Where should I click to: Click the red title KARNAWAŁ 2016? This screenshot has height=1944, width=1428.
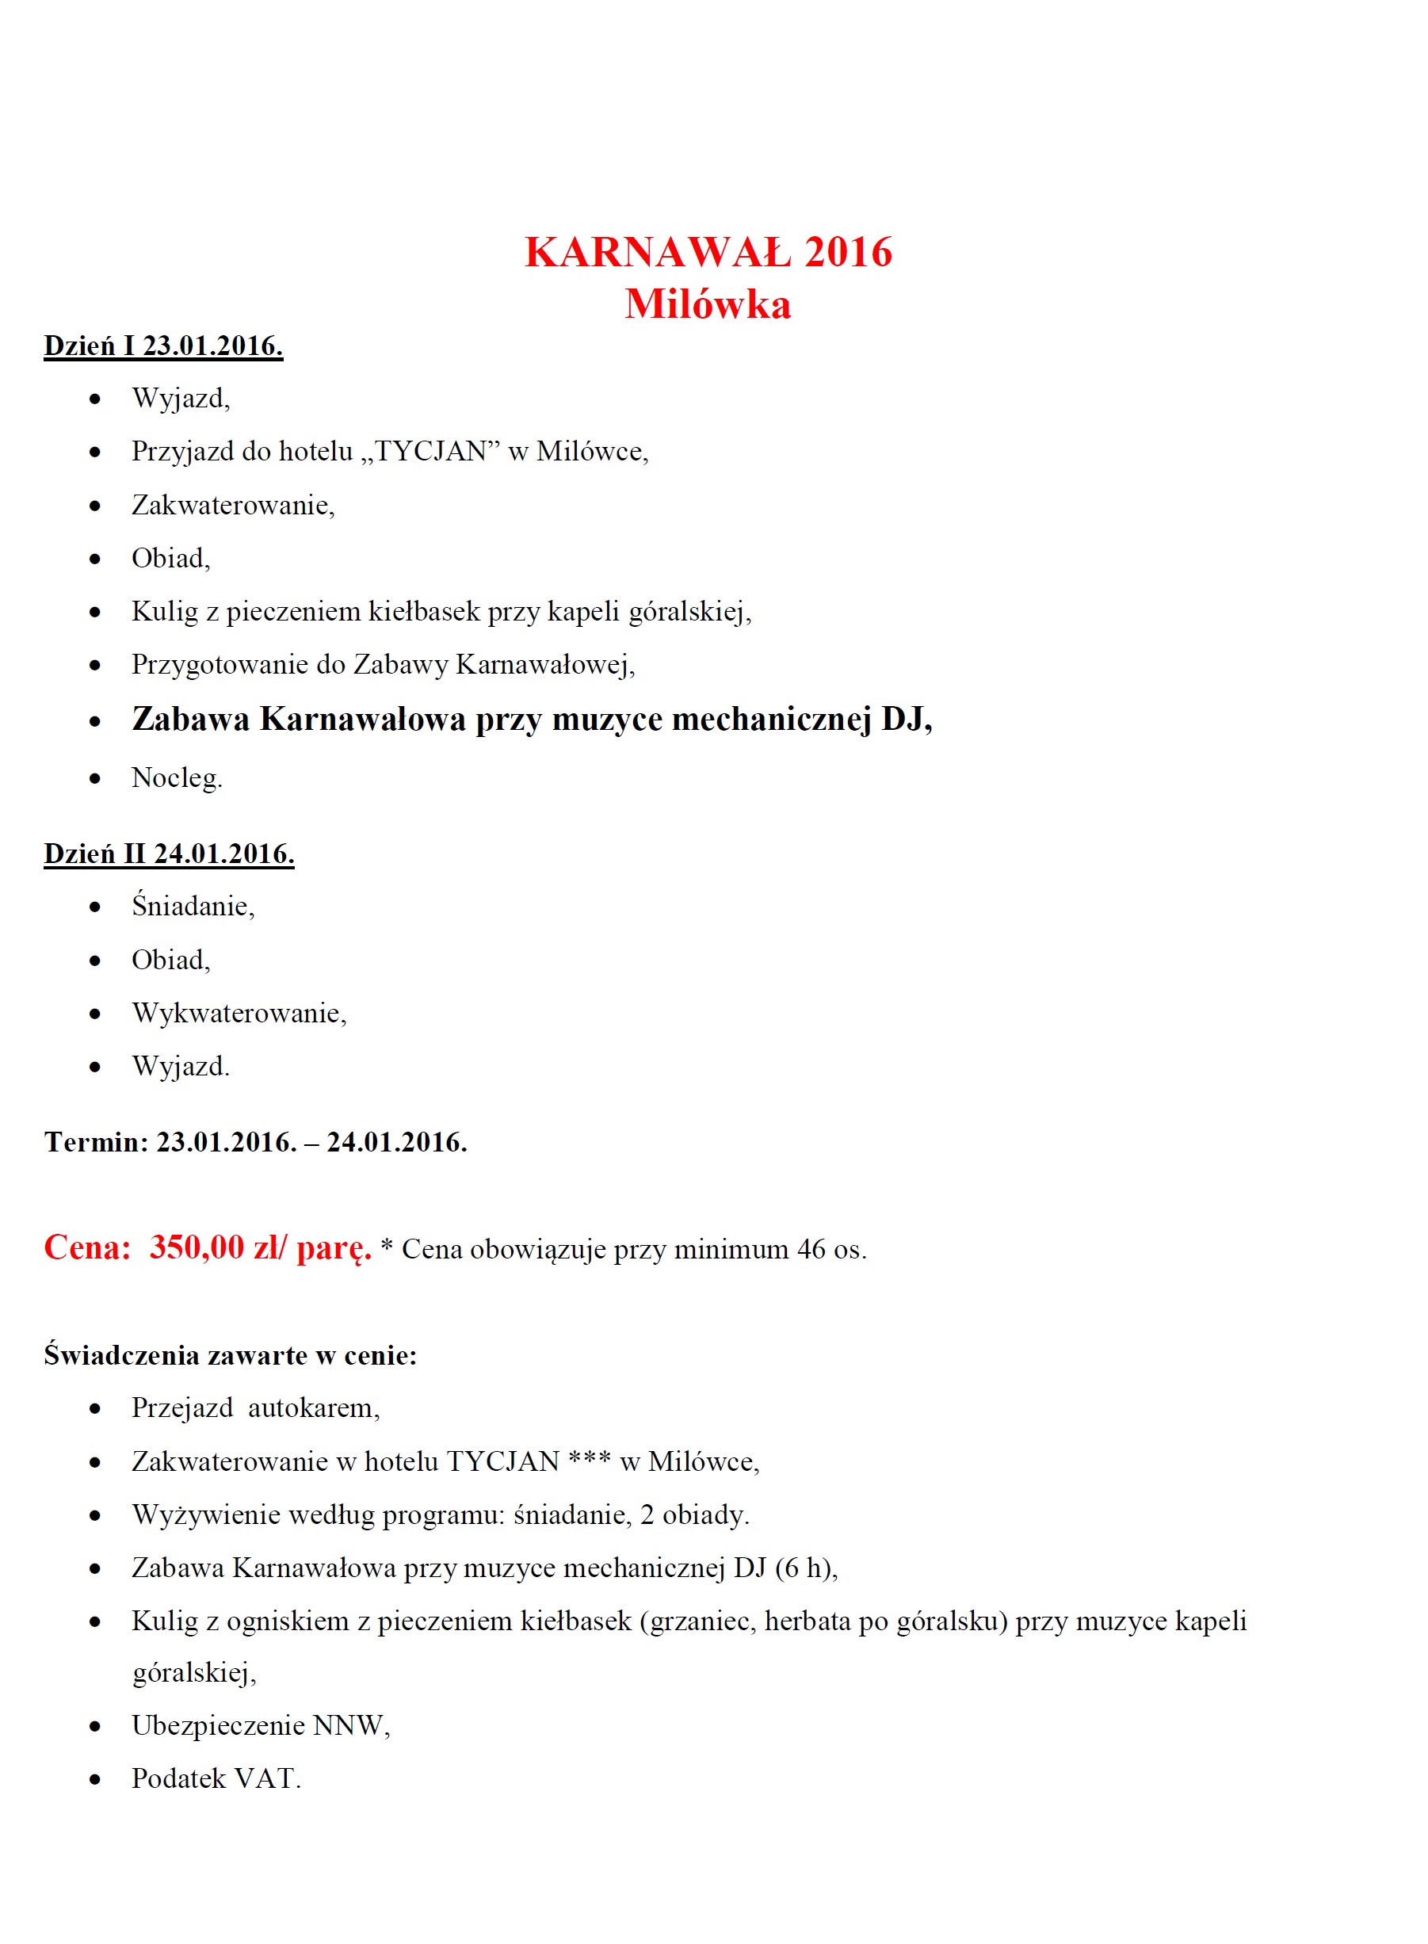(708, 252)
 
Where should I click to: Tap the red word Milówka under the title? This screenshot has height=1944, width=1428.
(708, 305)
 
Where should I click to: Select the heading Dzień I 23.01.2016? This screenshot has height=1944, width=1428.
(163, 346)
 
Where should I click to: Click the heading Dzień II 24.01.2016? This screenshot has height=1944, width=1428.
(169, 854)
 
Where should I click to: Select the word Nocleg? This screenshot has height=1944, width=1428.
(175, 778)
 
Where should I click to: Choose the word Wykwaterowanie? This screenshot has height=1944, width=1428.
(238, 1013)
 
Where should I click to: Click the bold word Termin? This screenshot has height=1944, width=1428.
(95, 1142)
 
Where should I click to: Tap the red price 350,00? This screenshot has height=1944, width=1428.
(197, 1247)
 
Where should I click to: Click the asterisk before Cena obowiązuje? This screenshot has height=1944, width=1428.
(387, 1246)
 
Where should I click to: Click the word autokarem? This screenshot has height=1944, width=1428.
(313, 1408)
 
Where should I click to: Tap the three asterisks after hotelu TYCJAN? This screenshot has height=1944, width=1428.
(590, 1460)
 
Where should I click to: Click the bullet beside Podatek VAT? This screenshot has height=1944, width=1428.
(95, 1779)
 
